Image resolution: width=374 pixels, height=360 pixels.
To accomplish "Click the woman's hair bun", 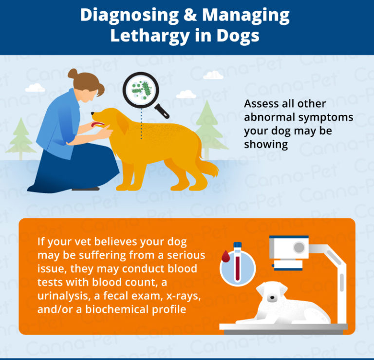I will tap(73, 75).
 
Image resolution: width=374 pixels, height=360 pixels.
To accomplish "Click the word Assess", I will tap(261, 104).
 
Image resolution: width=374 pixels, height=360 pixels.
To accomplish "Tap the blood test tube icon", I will tap(237, 263).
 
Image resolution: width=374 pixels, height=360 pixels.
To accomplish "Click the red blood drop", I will tap(225, 256).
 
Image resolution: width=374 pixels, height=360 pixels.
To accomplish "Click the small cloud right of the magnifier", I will tap(213, 75).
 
